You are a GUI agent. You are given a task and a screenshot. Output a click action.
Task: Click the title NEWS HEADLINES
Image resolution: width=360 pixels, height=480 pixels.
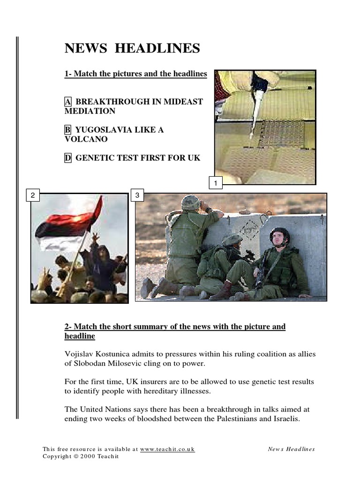132,48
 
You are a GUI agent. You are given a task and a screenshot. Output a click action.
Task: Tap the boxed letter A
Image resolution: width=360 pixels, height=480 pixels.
68,102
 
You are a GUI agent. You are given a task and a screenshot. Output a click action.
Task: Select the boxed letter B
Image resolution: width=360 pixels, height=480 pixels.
68,130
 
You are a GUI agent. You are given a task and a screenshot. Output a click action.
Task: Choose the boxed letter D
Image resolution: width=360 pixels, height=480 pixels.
68,158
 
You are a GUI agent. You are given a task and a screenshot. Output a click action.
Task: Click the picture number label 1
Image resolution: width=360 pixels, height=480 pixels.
215,183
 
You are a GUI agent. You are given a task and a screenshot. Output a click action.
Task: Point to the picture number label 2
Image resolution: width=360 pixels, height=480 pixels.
33,195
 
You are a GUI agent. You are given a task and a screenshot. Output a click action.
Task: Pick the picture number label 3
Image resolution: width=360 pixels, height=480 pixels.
137,195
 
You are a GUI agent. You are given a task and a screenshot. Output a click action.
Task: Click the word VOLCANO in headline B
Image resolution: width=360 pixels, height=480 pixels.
86,139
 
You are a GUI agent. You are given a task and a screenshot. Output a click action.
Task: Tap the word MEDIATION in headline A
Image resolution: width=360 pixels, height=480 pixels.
90,111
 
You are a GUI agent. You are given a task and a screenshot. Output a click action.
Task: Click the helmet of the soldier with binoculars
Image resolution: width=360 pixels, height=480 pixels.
190,202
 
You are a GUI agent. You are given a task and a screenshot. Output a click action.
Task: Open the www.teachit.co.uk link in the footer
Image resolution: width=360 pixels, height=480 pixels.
167,449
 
